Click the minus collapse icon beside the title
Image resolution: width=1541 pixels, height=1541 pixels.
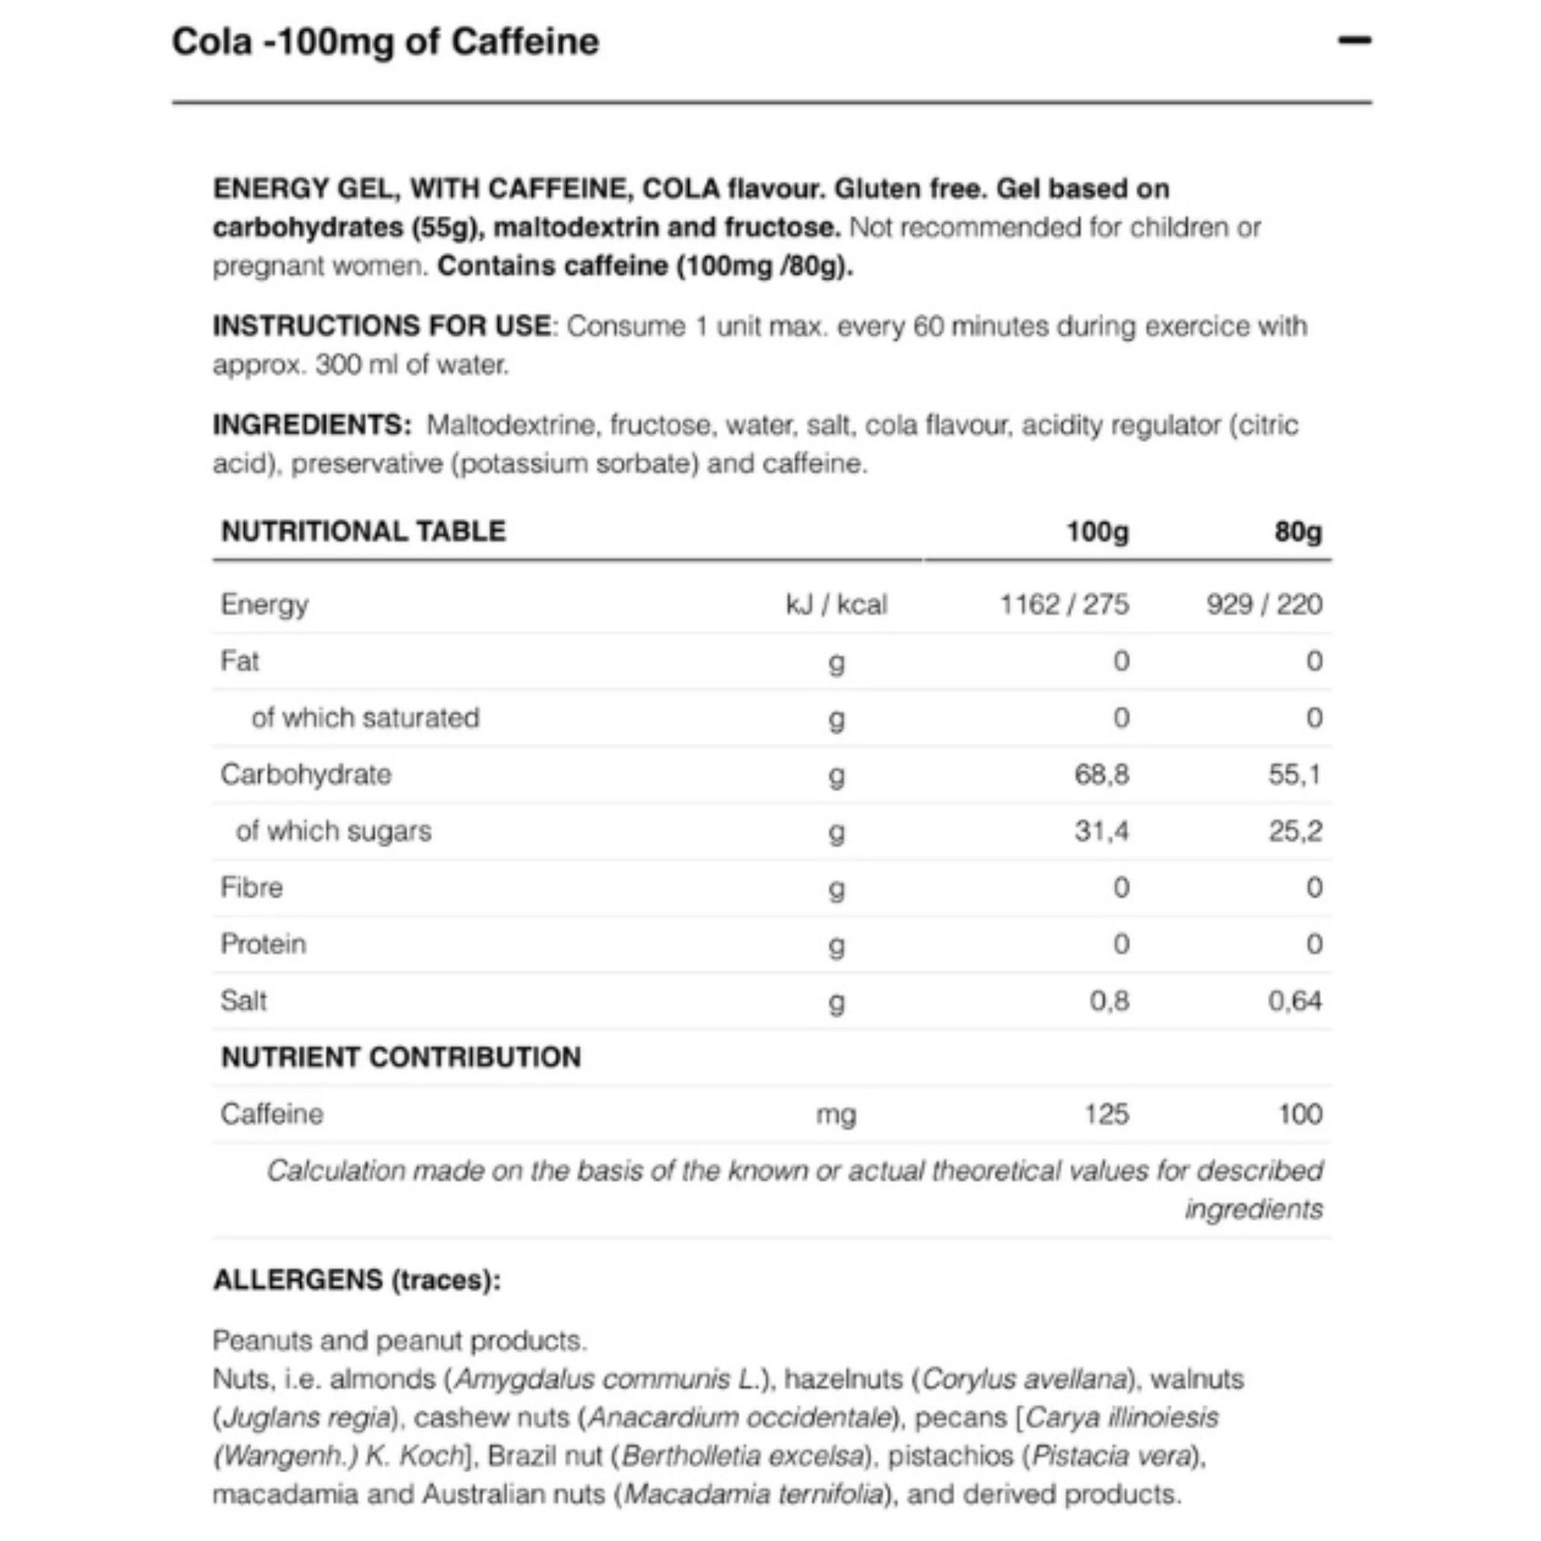click(1353, 40)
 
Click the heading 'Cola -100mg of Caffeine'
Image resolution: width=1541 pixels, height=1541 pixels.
click(385, 41)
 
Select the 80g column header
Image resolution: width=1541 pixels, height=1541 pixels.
click(1297, 531)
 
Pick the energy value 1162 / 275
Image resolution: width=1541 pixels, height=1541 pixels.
click(1064, 604)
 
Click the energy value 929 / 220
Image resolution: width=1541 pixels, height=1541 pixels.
click(1263, 604)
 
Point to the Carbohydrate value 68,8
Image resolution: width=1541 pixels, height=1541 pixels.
click(1102, 774)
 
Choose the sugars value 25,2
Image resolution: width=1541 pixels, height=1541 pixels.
click(1295, 831)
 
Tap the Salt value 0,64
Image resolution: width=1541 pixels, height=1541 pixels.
click(1295, 1001)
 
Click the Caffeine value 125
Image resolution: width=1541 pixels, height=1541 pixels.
click(1106, 1114)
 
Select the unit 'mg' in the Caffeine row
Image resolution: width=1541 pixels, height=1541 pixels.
click(835, 1114)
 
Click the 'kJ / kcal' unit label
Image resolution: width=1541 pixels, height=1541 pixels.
click(835, 604)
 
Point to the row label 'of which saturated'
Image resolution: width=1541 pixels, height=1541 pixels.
click(365, 718)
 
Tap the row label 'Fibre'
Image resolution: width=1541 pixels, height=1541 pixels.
click(251, 888)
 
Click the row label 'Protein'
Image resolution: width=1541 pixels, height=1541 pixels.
click(263, 945)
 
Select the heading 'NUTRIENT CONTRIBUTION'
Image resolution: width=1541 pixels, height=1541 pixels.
click(401, 1058)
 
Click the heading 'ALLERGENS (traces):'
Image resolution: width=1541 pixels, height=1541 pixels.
click(356, 1280)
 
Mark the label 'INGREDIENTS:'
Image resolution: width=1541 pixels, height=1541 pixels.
click(312, 425)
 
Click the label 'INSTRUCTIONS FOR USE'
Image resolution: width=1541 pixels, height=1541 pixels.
click(381, 326)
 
